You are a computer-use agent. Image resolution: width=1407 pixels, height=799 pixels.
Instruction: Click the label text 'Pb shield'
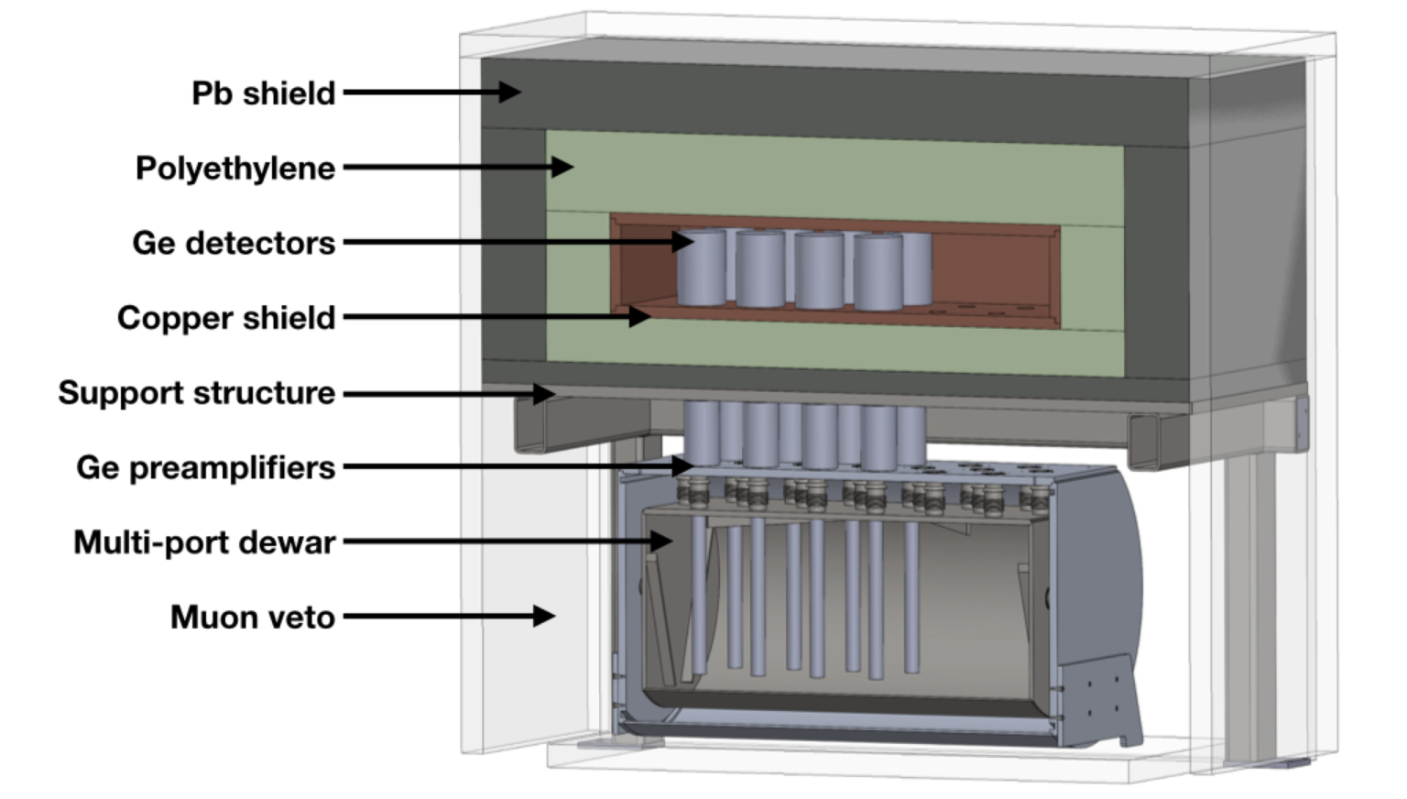[263, 93]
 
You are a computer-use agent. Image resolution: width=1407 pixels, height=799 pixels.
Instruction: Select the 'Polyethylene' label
[235, 169]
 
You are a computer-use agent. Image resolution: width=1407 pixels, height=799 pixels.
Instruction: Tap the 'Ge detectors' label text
[234, 243]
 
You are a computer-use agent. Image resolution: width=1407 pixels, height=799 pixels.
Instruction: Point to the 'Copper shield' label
[226, 318]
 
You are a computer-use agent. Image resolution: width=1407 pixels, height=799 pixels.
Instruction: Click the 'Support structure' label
[197, 393]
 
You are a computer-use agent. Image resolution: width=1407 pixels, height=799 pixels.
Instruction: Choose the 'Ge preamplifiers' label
[206, 468]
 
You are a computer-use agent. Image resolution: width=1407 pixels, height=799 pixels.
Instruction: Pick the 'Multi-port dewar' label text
[204, 542]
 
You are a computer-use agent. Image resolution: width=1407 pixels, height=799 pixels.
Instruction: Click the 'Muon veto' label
[253, 618]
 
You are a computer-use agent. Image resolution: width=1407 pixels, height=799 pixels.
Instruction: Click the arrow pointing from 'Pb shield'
[431, 92]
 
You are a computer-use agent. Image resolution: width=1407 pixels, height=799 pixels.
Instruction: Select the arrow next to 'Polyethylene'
[457, 167]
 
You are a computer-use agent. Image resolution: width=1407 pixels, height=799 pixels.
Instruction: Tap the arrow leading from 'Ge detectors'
[518, 242]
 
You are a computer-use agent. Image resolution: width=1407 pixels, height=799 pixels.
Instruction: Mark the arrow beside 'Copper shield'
[496, 317]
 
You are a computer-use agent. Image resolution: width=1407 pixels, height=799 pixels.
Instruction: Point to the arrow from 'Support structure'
[449, 393]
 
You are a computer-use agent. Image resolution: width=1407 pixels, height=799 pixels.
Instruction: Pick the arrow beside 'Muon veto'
[449, 616]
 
